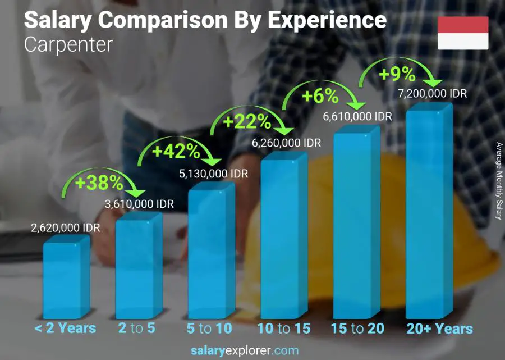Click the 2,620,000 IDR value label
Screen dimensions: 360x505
point(65,229)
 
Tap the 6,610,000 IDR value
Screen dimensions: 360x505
point(357,116)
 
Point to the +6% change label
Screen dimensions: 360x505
point(320,96)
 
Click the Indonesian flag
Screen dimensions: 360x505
point(463,33)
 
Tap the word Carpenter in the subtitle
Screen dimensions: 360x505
point(68,44)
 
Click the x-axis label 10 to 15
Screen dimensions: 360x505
point(283,329)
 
